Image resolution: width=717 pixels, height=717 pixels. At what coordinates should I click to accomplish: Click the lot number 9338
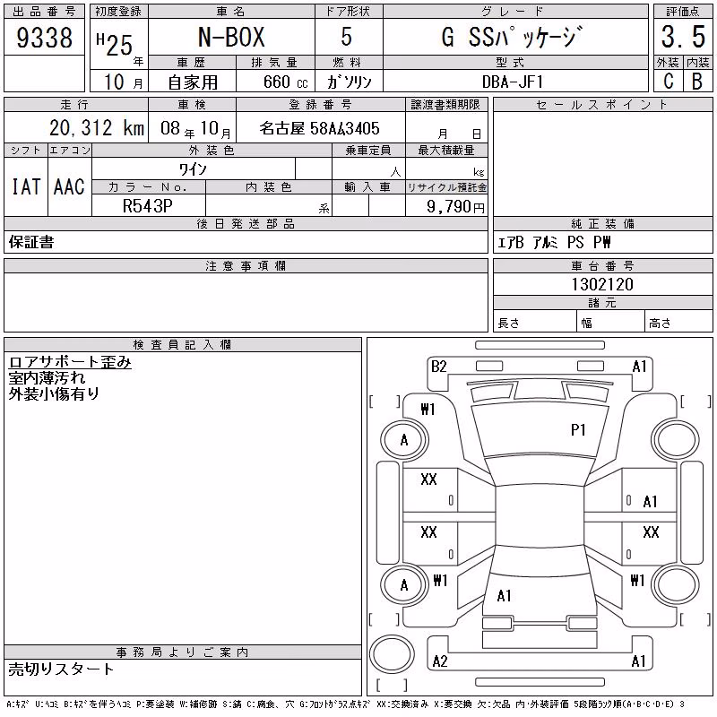click(44, 37)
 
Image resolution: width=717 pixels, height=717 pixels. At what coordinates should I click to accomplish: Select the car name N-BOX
click(231, 37)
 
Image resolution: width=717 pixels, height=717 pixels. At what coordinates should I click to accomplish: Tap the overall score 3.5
click(683, 37)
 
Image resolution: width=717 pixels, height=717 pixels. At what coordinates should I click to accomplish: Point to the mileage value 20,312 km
click(97, 128)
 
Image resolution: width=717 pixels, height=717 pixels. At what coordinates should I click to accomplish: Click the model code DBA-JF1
click(513, 82)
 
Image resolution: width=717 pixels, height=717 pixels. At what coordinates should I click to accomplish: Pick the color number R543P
click(148, 206)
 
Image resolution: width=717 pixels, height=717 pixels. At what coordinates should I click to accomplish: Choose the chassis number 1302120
click(602, 284)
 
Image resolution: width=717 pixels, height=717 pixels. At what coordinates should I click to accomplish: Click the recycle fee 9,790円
click(455, 207)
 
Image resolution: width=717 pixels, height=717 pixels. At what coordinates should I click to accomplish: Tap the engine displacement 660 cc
click(286, 82)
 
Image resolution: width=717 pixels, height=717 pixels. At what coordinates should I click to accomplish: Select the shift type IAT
click(26, 186)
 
